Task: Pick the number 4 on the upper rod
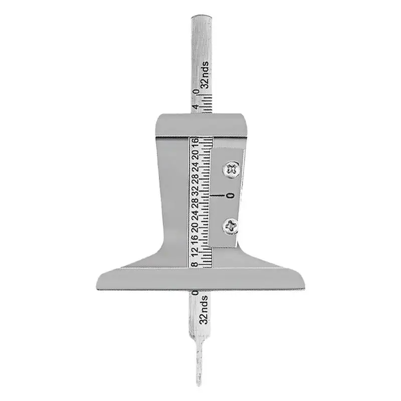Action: pyautogui.click(x=194, y=107)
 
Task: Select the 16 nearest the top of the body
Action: pyautogui.click(x=194, y=142)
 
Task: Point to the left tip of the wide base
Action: pyautogui.click(x=97, y=286)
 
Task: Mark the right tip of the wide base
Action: pyautogui.click(x=303, y=286)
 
